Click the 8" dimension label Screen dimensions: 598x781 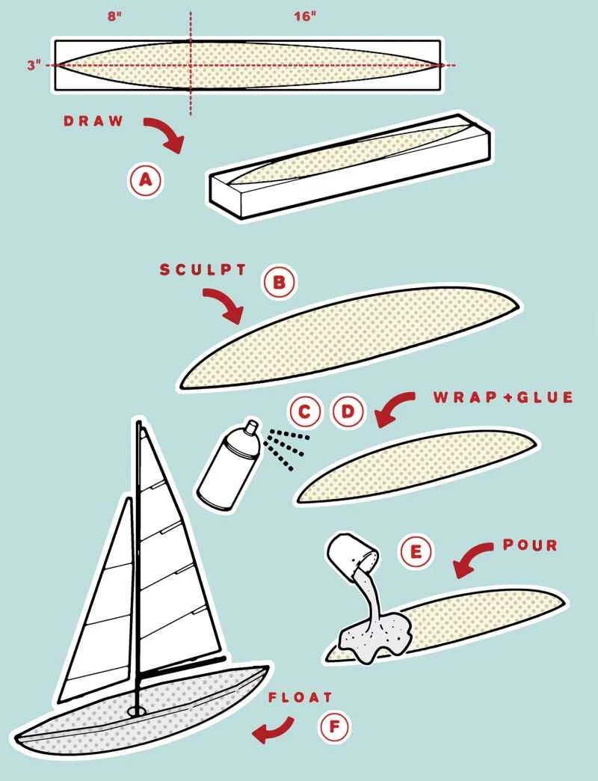pyautogui.click(x=114, y=16)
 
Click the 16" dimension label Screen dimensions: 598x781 pyautogui.click(x=305, y=16)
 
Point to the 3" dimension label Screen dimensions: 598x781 pyautogui.click(x=34, y=65)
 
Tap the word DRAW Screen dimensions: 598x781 pyautogui.click(x=93, y=121)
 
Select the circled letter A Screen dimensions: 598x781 pyautogui.click(x=145, y=180)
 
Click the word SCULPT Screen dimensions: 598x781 pyautogui.click(x=203, y=269)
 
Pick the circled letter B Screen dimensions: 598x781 pyautogui.click(x=279, y=282)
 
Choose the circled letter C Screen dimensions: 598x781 pyautogui.click(x=304, y=412)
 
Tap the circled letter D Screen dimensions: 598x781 pyautogui.click(x=348, y=412)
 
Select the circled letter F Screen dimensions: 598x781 pyautogui.click(x=334, y=727)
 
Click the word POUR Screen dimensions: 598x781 pyautogui.click(x=530, y=545)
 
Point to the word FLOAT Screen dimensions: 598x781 pyautogui.click(x=300, y=697)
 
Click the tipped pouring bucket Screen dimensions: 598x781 pyautogui.click(x=351, y=554)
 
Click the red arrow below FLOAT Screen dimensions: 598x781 pyautogui.click(x=273, y=729)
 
